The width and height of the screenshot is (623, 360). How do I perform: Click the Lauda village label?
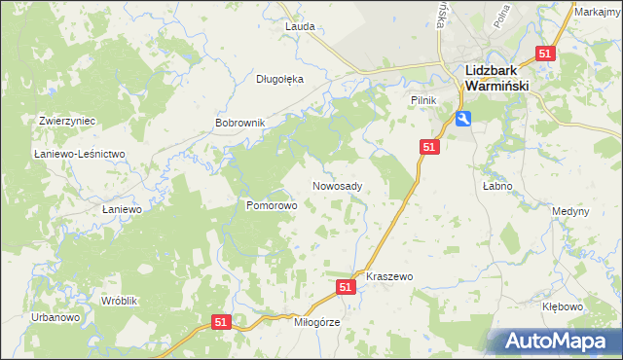tap(299, 26)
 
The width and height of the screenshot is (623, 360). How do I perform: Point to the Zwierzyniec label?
tap(66, 121)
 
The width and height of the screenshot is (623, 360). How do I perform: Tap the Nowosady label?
tap(338, 186)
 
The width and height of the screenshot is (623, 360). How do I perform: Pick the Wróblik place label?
tap(122, 301)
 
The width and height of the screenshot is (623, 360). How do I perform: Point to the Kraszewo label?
tap(389, 276)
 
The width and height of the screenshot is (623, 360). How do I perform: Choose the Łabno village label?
tap(495, 185)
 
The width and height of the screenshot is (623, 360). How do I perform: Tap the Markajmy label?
tap(598, 12)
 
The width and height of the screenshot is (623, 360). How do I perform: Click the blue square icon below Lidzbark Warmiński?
tap(463, 119)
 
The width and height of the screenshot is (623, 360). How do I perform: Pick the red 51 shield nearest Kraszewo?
tap(346, 287)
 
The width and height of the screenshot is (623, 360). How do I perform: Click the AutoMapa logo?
tap(556, 341)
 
